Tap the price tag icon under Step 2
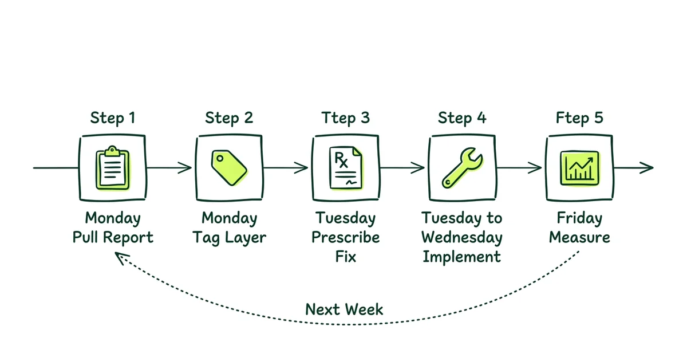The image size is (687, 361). (x=229, y=167)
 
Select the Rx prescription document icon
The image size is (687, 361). (x=346, y=167)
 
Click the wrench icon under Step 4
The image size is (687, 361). (x=462, y=167)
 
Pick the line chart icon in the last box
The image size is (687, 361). (x=579, y=167)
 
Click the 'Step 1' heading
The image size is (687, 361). (x=113, y=118)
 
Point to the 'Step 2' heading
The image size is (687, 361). (x=229, y=118)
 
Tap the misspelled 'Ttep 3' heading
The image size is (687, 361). (x=346, y=118)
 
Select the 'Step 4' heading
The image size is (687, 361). (x=462, y=118)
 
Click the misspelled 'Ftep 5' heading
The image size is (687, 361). (x=579, y=118)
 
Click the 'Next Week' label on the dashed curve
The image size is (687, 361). (x=344, y=309)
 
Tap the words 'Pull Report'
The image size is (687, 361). (x=113, y=237)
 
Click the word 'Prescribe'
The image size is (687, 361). (x=346, y=237)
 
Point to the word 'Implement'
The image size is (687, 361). (x=462, y=256)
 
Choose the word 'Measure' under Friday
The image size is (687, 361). (x=579, y=237)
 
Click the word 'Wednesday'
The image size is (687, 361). (x=462, y=237)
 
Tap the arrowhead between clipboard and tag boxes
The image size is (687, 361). (x=187, y=167)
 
